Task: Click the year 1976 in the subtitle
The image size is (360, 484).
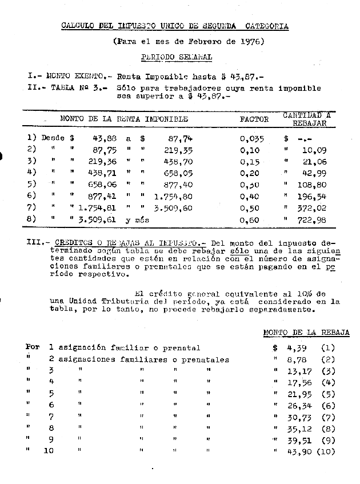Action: click(x=249, y=42)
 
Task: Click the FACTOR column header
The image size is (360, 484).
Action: click(x=254, y=119)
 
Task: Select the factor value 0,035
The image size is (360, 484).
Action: click(x=251, y=138)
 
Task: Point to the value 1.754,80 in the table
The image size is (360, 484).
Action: click(x=173, y=195)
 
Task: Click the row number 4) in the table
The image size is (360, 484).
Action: click(x=32, y=173)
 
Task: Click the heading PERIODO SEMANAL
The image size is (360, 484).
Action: click(x=177, y=57)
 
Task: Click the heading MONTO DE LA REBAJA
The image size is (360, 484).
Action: click(x=306, y=333)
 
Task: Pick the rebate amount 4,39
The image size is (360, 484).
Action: click(x=298, y=347)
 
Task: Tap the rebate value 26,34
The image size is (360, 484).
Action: click(x=298, y=406)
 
